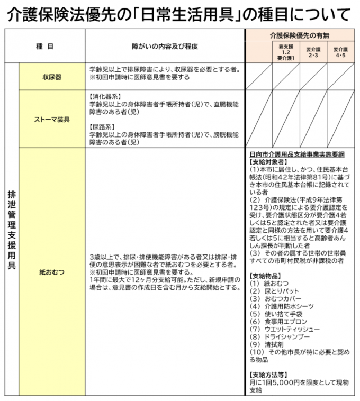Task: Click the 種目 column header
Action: click(45, 47)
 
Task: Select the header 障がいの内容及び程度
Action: click(165, 47)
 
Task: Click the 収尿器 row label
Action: click(52, 77)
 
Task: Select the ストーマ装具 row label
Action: click(52, 120)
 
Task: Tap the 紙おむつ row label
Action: click(52, 272)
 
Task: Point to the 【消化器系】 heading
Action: click(105, 97)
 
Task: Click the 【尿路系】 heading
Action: click(102, 127)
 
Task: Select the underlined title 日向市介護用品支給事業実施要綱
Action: click(296, 154)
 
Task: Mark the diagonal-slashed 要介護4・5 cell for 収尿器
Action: click(340, 77)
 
